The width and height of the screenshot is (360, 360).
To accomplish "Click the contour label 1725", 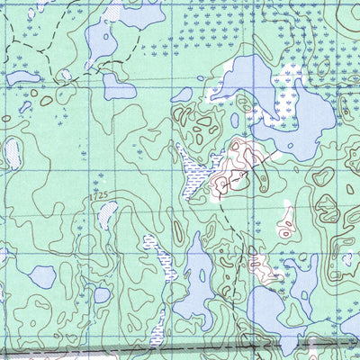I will pos(101,193).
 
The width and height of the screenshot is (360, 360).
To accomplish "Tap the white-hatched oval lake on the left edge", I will pos(13,154).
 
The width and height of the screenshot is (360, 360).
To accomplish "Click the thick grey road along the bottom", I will pos(135,349).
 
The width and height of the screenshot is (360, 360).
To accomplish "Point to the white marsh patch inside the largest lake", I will pos(290,77).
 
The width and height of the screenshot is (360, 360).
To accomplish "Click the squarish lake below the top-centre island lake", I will pos(118,86).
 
